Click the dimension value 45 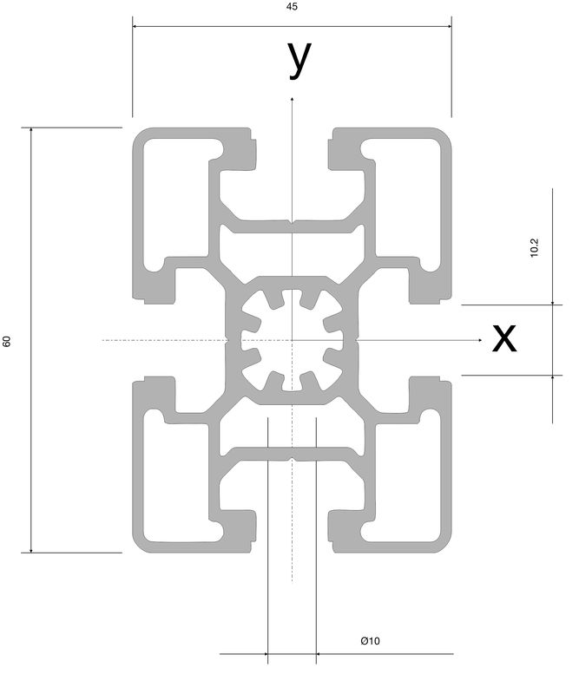pyautogui.click(x=292, y=7)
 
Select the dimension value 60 pyautogui.click(x=7, y=341)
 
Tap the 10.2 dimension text pyautogui.click(x=534, y=247)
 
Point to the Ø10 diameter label pyautogui.click(x=370, y=640)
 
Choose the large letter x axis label pyautogui.click(x=504, y=338)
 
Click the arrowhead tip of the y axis pyautogui.click(x=292, y=97)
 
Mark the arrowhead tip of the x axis pyautogui.click(x=483, y=340)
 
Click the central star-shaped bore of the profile pyautogui.click(x=292, y=340)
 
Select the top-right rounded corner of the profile pyautogui.click(x=445, y=134)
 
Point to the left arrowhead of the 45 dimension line pyautogui.click(x=134, y=26)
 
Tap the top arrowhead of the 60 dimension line pyautogui.click(x=31, y=128)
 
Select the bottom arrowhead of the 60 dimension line pyautogui.click(x=31, y=553)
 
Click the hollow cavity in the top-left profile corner pyautogui.click(x=176, y=204)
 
